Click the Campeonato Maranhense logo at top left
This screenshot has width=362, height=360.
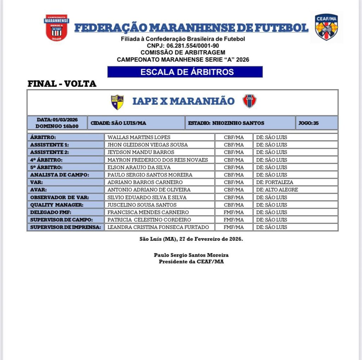(x=57, y=28)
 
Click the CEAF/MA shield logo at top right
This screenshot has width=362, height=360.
(x=326, y=27)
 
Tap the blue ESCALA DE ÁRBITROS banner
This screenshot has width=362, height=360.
(x=185, y=72)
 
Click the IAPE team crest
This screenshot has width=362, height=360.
(x=117, y=102)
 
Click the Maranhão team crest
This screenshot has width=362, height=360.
(x=250, y=101)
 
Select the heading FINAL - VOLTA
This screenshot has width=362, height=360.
(x=62, y=84)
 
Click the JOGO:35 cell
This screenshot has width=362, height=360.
(x=316, y=123)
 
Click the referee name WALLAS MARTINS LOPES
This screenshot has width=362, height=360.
(x=139, y=137)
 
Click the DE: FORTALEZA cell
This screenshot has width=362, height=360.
(x=275, y=182)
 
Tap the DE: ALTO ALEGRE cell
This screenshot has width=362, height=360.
(x=277, y=190)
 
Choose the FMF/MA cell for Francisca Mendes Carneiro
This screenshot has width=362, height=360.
(x=234, y=212)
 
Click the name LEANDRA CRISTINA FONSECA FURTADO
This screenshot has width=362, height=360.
(x=158, y=227)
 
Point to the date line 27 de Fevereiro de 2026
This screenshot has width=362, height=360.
(x=191, y=239)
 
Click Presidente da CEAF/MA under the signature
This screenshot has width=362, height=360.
(x=191, y=262)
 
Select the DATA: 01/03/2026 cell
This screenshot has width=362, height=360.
(x=57, y=120)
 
